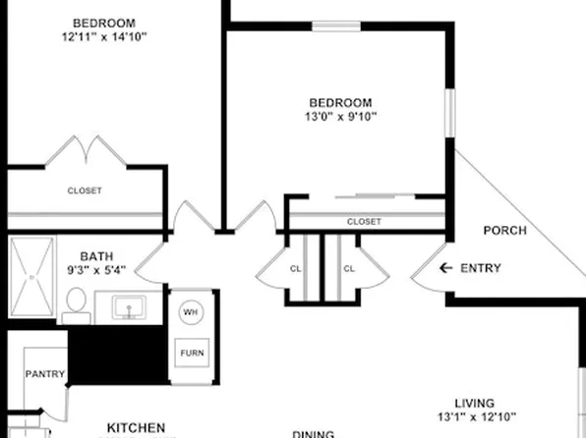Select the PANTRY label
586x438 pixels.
[x=45, y=373]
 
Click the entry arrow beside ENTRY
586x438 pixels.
[x=445, y=268]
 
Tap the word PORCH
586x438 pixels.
[x=505, y=231]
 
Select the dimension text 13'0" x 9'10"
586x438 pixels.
[x=340, y=117]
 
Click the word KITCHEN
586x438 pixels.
[x=136, y=427]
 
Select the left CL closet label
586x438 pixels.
[x=295, y=268]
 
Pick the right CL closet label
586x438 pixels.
[x=349, y=268]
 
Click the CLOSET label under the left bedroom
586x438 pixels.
[x=84, y=191]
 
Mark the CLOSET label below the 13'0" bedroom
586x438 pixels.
[x=364, y=222]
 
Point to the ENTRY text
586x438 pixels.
[x=481, y=268]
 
